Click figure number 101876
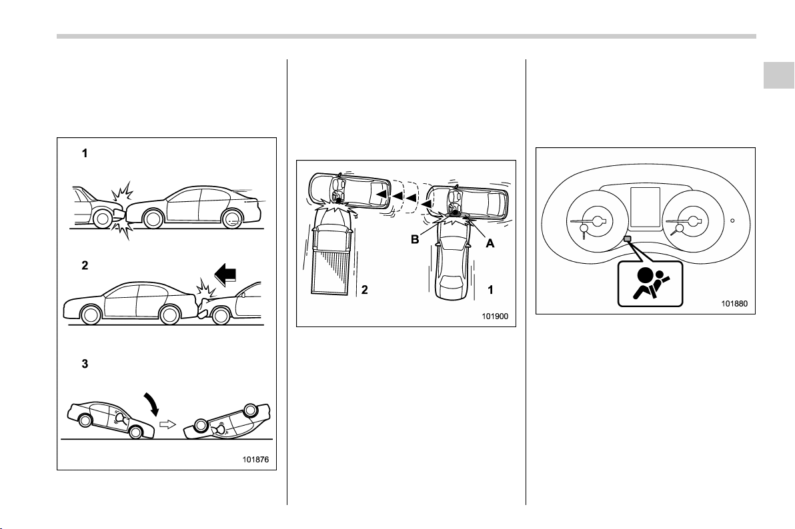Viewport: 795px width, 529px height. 255,460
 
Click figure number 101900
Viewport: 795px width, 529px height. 494,316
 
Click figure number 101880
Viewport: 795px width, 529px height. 734,304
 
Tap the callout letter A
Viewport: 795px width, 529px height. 490,243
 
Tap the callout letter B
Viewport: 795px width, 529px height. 415,240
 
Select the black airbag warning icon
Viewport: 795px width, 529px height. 650,283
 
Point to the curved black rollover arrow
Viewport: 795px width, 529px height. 152,403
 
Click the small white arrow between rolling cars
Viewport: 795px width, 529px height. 168,424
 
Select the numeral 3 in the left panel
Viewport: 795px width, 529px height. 85,364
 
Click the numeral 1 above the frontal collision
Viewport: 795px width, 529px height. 85,153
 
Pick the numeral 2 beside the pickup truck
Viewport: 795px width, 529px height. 364,290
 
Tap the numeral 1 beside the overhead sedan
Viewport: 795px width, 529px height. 490,290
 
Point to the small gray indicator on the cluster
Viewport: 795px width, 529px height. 627,238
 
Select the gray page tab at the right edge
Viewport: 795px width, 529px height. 779,75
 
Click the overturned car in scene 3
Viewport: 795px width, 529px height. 227,422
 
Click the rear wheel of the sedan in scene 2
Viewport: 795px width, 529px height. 170,314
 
